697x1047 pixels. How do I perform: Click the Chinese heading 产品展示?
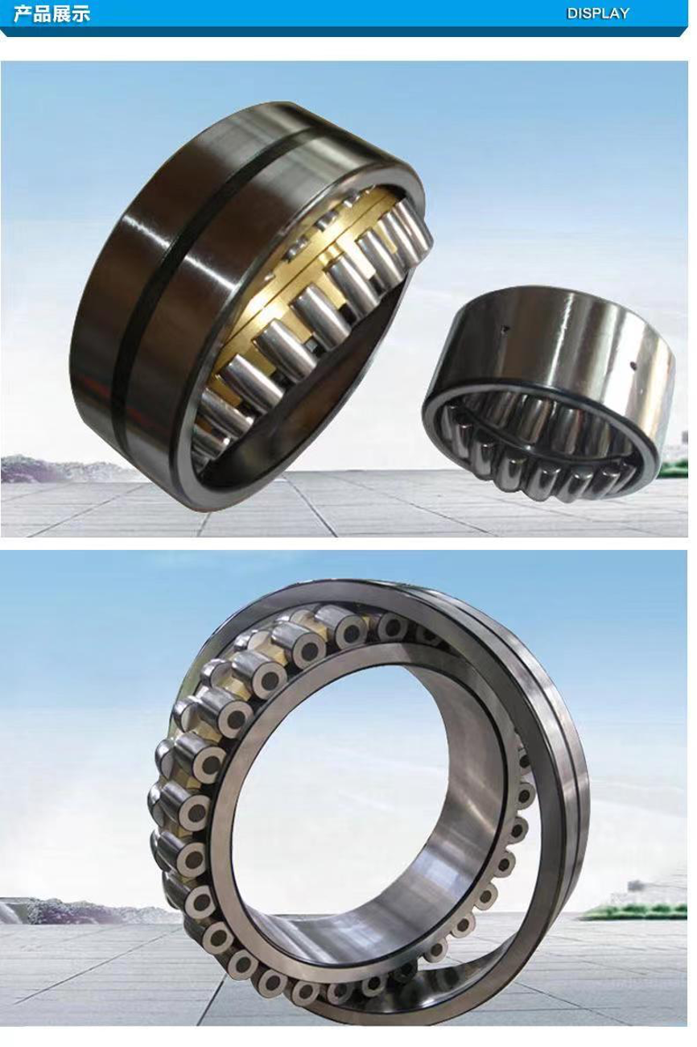(x=52, y=14)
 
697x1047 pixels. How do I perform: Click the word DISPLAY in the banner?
(x=597, y=14)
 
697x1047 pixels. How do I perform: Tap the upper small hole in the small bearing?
(x=505, y=329)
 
